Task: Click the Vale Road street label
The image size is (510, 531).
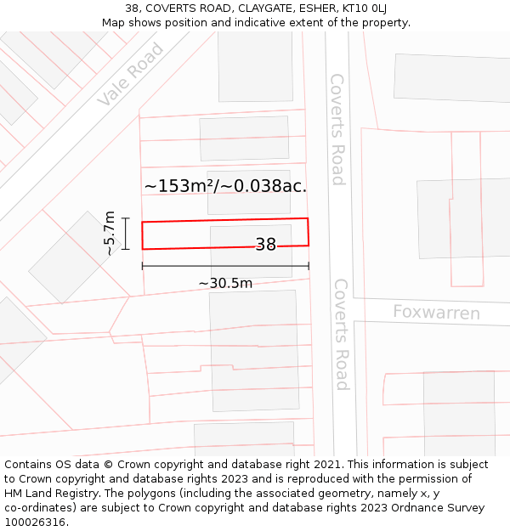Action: coord(130,75)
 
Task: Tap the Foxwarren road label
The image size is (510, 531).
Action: coord(436,313)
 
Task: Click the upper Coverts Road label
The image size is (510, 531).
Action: coord(337,129)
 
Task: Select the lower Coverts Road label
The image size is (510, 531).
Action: coord(341,334)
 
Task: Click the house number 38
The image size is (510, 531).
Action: coord(266,245)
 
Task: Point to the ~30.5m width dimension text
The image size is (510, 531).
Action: coord(225,283)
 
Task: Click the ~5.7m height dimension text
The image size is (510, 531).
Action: coord(109,234)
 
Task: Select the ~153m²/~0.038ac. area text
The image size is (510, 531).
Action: coord(225,186)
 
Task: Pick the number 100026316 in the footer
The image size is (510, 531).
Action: coord(35,523)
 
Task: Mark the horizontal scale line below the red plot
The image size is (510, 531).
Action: coord(225,266)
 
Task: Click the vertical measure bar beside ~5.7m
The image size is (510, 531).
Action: coord(126,234)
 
